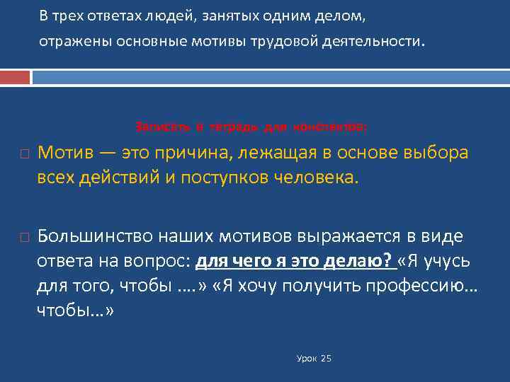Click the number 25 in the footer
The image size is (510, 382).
pyautogui.click(x=326, y=359)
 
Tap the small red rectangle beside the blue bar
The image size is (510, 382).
pyautogui.click(x=15, y=76)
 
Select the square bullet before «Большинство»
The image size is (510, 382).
pyautogui.click(x=23, y=237)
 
